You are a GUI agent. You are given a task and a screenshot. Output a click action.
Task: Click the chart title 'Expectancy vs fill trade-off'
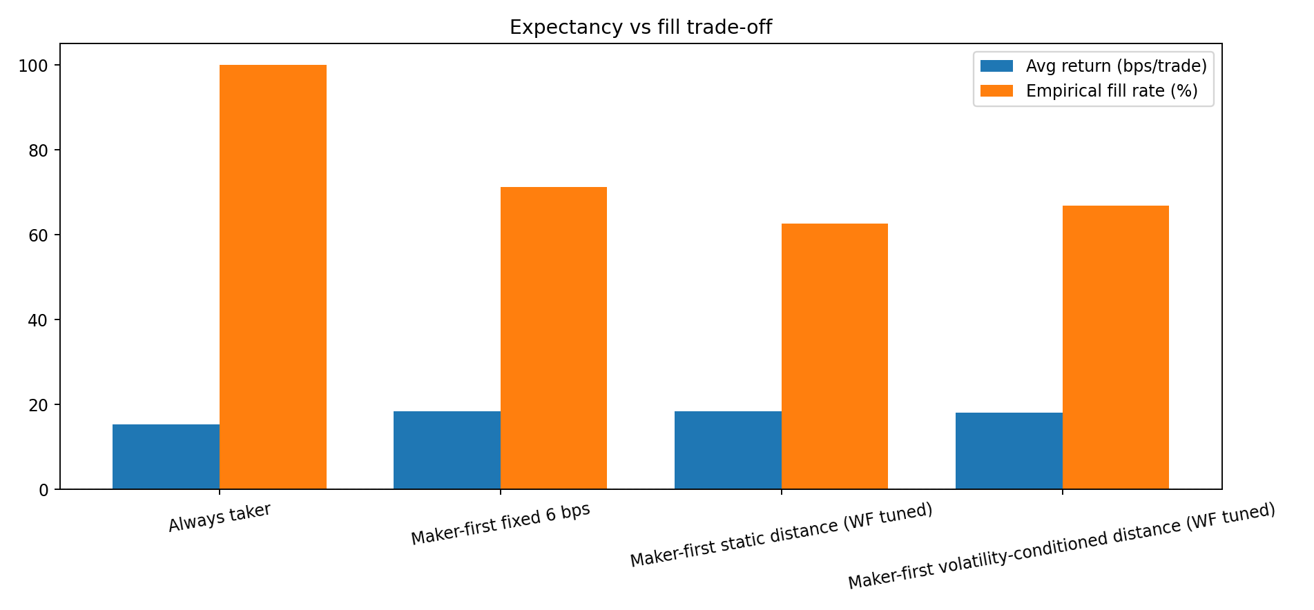pos(640,28)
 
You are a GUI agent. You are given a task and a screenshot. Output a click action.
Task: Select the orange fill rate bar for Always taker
pos(273,277)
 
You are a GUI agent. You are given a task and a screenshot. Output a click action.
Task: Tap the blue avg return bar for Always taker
pos(166,457)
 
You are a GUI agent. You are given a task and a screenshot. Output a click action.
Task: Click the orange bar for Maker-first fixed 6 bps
pos(553,338)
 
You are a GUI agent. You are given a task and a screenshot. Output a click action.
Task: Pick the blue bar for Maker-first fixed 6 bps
pos(447,450)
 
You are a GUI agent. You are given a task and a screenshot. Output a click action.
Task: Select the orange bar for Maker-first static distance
pos(834,356)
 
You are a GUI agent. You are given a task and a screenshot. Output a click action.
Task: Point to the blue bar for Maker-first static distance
pos(728,450)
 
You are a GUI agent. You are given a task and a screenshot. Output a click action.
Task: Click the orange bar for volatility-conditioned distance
pos(1115,347)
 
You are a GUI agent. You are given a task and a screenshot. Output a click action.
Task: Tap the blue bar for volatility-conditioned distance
pos(1009,451)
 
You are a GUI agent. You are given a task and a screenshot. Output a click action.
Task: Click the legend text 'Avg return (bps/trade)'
pos(1116,66)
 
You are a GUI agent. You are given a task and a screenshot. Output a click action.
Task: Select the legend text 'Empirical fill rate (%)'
pos(1111,91)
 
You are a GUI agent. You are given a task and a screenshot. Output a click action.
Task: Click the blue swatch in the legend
pos(996,66)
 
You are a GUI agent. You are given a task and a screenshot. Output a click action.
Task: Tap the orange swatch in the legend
pos(996,91)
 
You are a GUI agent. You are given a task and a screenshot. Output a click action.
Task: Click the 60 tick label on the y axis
pos(39,235)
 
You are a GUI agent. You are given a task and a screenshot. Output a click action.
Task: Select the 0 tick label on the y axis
pos(44,490)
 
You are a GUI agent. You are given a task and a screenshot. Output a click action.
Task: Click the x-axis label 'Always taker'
pos(220,518)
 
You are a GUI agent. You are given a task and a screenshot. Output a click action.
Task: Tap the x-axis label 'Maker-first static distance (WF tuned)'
pos(781,535)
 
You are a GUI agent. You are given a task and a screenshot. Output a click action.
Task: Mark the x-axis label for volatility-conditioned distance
pos(1061,546)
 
